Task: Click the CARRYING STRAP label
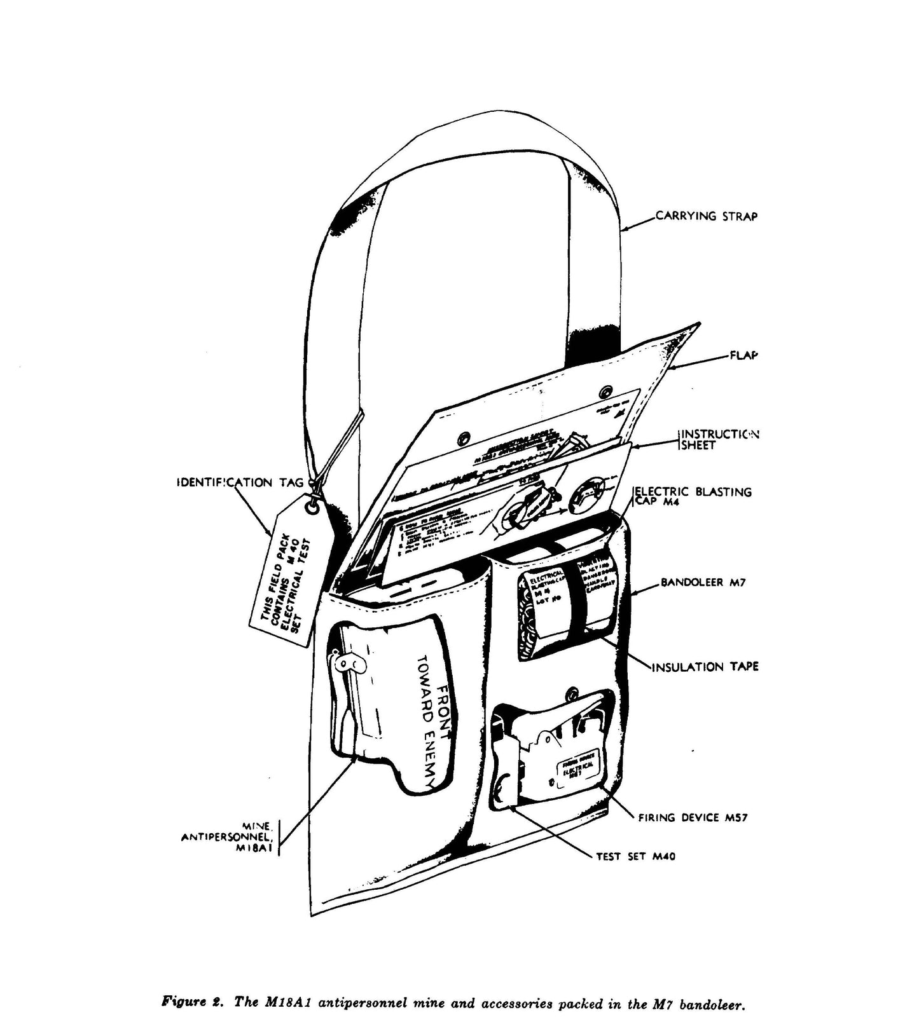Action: [706, 216]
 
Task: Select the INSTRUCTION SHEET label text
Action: [719, 440]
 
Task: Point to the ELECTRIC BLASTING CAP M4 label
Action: [693, 497]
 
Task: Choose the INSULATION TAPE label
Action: [705, 667]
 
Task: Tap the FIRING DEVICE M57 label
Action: [693, 818]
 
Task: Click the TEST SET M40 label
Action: [635, 856]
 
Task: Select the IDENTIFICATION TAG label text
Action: [240, 482]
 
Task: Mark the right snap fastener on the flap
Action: [605, 389]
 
